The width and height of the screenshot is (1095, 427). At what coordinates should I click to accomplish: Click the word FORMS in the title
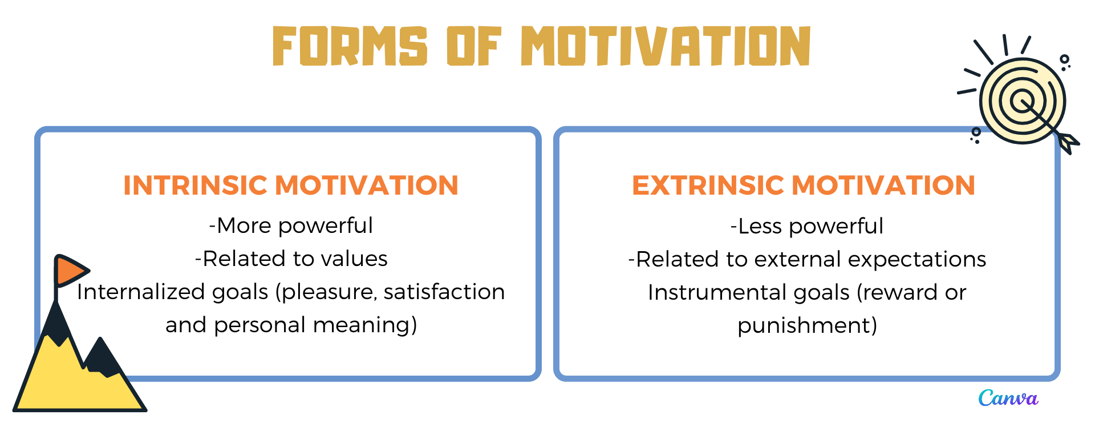point(350,46)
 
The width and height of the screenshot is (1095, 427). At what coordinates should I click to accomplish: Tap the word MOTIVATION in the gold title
point(666,46)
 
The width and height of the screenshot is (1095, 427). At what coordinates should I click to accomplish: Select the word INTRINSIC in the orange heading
point(196,186)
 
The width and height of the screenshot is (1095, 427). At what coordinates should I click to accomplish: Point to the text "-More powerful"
point(291,226)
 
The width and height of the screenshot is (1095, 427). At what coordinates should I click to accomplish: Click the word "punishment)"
point(808,326)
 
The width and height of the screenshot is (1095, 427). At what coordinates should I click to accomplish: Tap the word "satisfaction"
point(444,292)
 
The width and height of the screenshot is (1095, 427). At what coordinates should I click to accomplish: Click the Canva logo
point(1008,398)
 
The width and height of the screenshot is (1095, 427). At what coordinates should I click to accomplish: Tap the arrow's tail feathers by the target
point(1068,143)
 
